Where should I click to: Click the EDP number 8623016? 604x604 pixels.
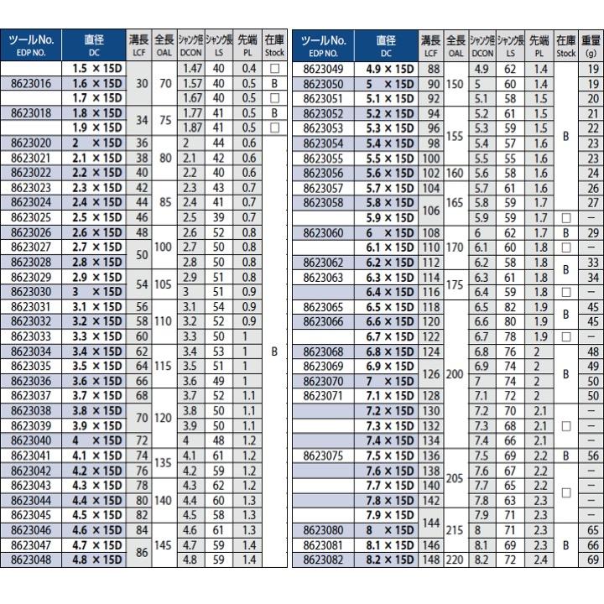click(33, 84)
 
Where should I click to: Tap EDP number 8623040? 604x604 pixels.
click(33, 440)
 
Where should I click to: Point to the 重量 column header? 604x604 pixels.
click(591, 45)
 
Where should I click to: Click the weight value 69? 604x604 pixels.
click(593, 560)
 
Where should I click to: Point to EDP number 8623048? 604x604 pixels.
click(33, 560)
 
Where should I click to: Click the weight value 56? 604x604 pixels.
click(593, 455)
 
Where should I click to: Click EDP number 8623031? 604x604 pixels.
click(33, 306)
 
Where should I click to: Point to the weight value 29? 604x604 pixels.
click(593, 232)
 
